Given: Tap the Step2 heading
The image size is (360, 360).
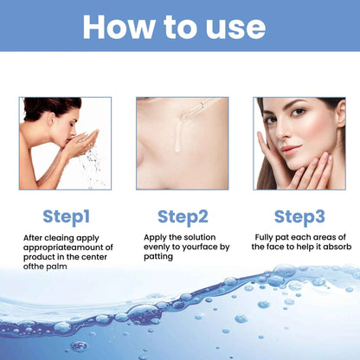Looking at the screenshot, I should click(182, 216).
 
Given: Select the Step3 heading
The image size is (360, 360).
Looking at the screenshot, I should click(299, 216).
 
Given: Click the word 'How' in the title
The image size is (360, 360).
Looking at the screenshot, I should click(125, 26).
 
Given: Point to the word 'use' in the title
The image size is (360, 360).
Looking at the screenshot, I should click(231, 26).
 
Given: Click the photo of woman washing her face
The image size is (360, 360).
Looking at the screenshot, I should click(65, 143).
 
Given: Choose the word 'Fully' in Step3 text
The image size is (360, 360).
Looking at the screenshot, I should click(266, 236).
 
